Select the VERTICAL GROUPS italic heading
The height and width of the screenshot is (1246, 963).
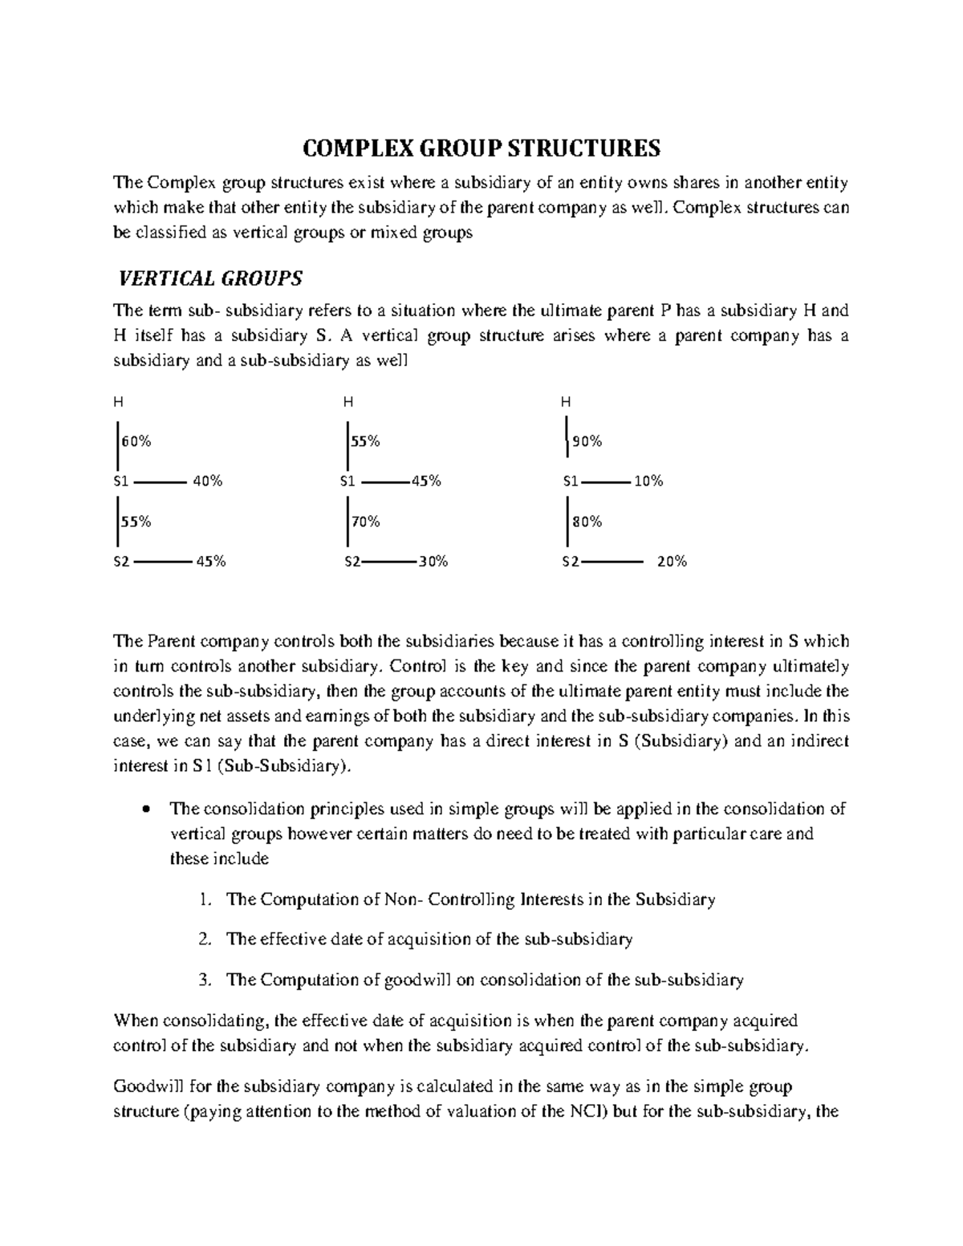210,278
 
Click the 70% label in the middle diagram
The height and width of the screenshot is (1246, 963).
364,522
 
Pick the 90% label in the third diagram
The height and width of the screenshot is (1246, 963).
587,441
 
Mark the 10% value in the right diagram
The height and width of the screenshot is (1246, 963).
648,481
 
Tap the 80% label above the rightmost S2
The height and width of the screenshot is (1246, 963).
587,522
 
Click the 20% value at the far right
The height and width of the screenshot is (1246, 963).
672,562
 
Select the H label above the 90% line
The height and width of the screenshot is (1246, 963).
566,401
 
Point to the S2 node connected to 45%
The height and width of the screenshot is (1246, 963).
120,562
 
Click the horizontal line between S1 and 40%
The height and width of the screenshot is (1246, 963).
160,482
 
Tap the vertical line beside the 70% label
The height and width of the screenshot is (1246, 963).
347,522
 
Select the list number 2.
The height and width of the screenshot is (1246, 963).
205,940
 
